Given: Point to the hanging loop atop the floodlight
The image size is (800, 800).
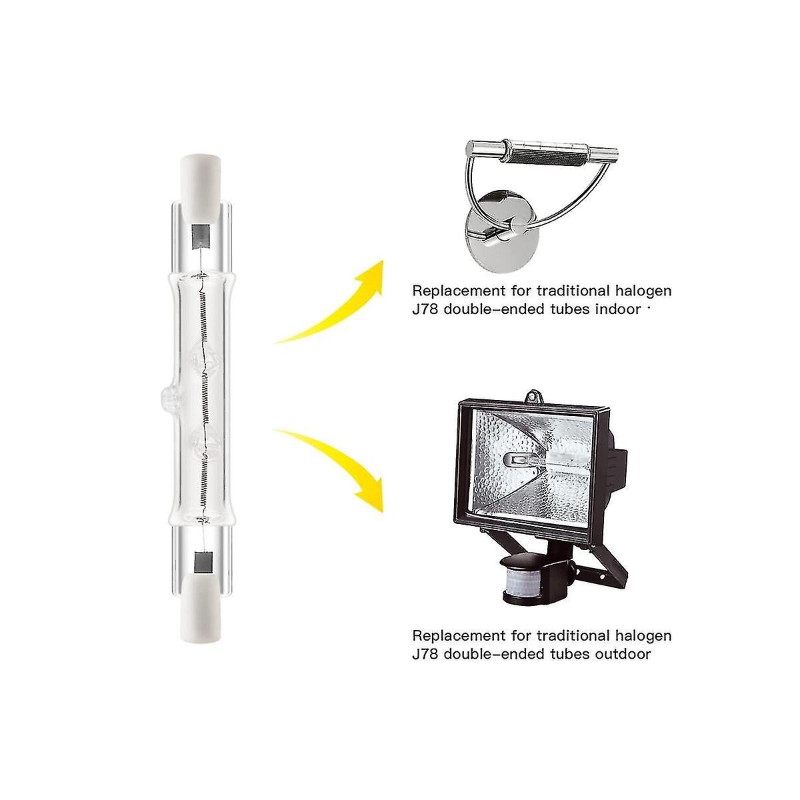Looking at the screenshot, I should click(533, 397).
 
